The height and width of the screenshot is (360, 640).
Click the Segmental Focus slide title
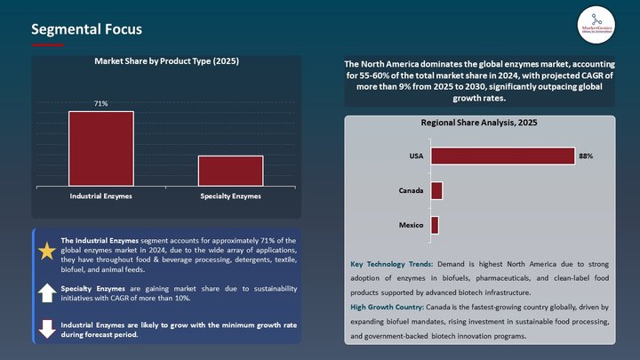pyautogui.click(x=86, y=29)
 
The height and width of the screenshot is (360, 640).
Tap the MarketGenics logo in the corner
pyautogui.click(x=595, y=24)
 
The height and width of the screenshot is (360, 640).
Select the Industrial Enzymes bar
pyautogui.click(x=101, y=148)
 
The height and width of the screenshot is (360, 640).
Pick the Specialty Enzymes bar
pyautogui.click(x=230, y=171)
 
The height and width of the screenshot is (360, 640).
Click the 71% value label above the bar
pyautogui.click(x=101, y=104)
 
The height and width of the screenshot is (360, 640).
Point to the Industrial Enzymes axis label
pyautogui.click(x=101, y=196)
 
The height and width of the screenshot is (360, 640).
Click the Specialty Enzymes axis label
pyautogui.click(x=230, y=196)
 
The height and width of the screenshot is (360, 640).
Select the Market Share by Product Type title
pyautogui.click(x=166, y=61)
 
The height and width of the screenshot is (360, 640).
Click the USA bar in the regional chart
pyautogui.click(x=502, y=156)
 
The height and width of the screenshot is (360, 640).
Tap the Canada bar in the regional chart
pyautogui.click(x=436, y=190)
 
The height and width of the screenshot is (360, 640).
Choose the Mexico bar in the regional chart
pyautogui.click(x=435, y=225)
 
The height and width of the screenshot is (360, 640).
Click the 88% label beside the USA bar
pyautogui.click(x=585, y=156)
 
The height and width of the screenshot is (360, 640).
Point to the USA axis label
pyautogui.click(x=415, y=156)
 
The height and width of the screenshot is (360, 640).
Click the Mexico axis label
pyautogui.click(x=411, y=225)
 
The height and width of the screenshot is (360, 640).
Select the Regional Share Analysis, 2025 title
pyautogui.click(x=479, y=122)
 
